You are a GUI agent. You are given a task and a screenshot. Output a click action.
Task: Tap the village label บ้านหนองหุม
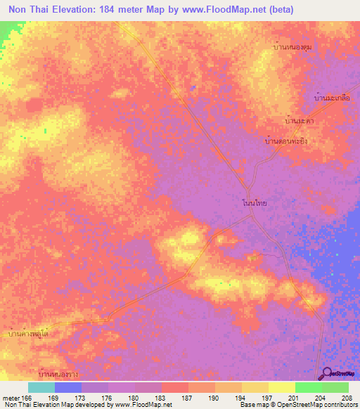click(292, 48)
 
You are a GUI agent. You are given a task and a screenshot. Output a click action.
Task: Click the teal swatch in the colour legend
click(41, 387)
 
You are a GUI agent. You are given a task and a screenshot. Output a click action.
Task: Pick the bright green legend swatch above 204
click(309, 387)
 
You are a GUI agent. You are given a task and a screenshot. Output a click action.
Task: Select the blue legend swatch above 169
click(68, 387)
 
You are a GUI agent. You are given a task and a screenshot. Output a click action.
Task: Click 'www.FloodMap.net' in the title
click(219, 10)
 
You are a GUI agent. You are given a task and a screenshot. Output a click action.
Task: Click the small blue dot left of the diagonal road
click(191, 87)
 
